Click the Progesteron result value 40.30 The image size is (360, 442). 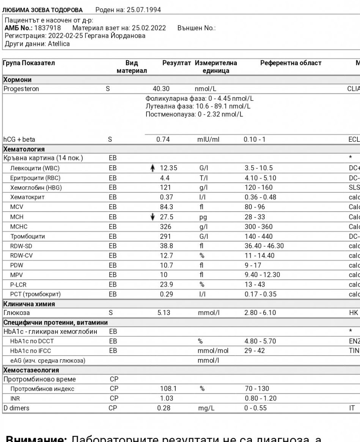(x=161, y=89)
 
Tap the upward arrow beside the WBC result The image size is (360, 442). (x=152, y=168)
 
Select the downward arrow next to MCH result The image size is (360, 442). (x=152, y=217)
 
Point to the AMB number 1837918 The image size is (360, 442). (x=47, y=28)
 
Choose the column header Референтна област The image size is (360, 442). (x=291, y=63)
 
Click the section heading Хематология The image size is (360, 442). (x=24, y=149)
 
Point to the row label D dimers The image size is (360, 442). (x=16, y=408)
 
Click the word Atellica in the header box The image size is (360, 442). (x=59, y=44)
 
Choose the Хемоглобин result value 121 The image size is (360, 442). (x=166, y=188)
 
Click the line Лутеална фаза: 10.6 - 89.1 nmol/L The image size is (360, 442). (x=198, y=106)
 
